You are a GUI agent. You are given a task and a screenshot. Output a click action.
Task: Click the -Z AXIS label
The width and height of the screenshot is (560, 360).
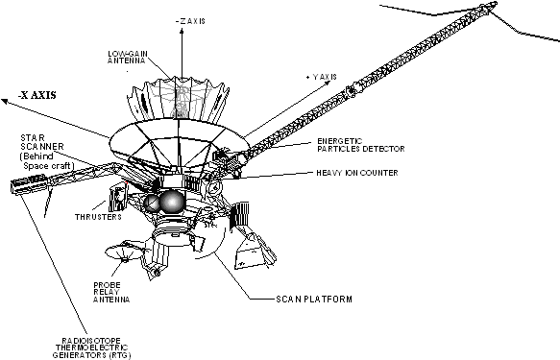191,21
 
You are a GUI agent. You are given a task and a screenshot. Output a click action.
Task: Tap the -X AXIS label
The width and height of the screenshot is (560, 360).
37,95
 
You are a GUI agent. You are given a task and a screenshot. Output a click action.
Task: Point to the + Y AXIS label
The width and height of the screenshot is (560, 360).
321,77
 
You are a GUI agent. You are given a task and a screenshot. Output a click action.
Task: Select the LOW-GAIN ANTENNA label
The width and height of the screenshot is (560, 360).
128,58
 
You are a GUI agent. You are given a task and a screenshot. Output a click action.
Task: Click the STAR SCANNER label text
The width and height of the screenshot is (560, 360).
42,142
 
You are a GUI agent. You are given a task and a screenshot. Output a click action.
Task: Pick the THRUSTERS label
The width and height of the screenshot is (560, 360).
98,217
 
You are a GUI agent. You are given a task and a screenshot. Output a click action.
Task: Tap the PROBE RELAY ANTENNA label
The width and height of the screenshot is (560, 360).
111,292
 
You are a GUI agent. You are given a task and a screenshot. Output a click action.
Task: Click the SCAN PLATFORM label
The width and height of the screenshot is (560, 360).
314,299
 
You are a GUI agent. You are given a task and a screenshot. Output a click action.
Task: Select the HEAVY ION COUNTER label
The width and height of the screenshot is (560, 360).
357,173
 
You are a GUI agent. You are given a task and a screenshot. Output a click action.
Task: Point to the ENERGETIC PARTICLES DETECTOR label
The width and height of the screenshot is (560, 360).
361,145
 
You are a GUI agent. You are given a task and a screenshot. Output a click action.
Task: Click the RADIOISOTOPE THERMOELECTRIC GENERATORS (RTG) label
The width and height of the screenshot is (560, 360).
92,348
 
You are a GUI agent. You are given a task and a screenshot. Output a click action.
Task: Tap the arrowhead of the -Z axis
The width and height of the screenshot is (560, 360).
182,32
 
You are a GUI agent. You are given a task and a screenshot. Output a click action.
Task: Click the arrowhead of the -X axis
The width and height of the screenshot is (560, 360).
4,102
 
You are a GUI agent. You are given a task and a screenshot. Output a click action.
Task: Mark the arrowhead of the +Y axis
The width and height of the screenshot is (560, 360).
328,84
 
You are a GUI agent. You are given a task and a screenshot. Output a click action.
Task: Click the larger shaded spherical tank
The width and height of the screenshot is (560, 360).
172,202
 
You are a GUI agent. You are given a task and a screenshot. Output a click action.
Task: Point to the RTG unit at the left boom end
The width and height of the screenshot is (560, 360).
29,183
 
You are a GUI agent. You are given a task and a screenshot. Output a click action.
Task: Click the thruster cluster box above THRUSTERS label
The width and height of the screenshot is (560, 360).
117,197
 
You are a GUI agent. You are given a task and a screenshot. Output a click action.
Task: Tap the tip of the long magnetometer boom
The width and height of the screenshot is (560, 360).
495,4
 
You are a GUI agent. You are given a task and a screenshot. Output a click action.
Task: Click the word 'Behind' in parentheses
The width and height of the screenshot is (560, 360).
37,156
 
